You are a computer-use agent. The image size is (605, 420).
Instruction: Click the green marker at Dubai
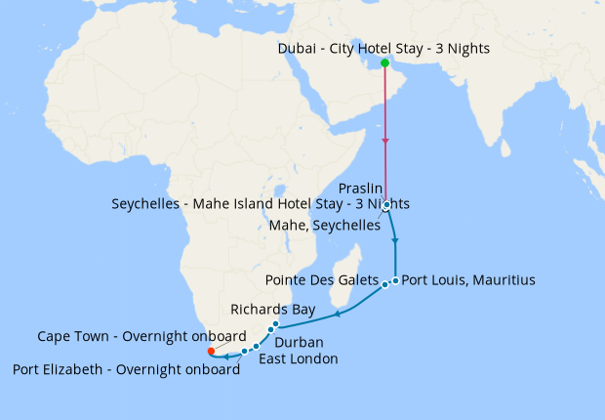pyautogui.click(x=384, y=63)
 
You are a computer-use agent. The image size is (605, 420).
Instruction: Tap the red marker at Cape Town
pyautogui.click(x=212, y=352)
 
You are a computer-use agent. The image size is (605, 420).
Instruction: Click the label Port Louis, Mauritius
pyautogui.click(x=468, y=280)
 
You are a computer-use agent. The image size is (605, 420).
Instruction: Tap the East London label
pyautogui.click(x=299, y=358)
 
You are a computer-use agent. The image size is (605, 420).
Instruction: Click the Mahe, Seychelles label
pyautogui.click(x=324, y=225)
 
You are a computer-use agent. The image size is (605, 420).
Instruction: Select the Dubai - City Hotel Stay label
pyautogui.click(x=383, y=48)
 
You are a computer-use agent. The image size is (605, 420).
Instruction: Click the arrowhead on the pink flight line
pyautogui.click(x=385, y=143)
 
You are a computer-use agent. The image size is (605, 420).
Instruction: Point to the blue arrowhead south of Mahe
pyautogui.click(x=395, y=239)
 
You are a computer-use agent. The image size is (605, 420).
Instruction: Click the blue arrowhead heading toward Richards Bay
pyautogui.click(x=338, y=315)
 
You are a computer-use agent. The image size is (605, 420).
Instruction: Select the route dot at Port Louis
pyautogui.click(x=395, y=280)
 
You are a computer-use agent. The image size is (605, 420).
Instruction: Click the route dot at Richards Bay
pyautogui.click(x=276, y=324)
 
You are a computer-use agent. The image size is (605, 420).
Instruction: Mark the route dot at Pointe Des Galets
pyautogui.click(x=385, y=284)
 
